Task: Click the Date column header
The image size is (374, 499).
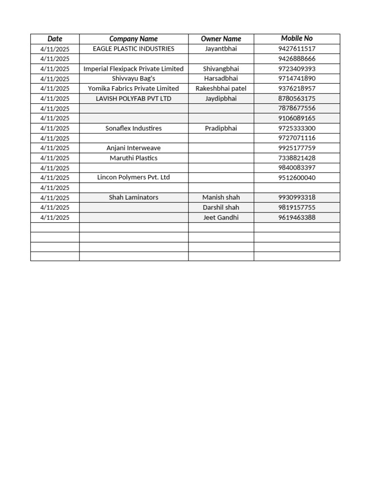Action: coord(55,38)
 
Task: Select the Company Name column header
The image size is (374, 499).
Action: coord(133,38)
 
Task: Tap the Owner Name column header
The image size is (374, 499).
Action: coord(221,38)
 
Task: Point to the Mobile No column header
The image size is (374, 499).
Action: coord(297,38)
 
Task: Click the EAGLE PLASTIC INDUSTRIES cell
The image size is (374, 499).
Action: coord(133,49)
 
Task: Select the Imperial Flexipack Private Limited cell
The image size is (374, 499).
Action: coord(133,69)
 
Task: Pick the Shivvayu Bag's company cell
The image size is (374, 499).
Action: coord(133,78)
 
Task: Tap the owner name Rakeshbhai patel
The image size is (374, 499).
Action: coord(221,89)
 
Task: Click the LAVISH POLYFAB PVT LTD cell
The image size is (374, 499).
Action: coord(133,98)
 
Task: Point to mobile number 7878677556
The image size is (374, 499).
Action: coord(297,108)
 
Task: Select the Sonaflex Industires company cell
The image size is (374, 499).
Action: coord(133,128)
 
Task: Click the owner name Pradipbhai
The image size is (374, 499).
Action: coord(221,128)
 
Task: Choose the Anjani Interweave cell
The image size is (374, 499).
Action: coord(133,148)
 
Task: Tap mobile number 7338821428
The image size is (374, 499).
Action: coord(297,158)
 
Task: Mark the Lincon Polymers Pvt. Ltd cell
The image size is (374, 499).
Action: coord(133,177)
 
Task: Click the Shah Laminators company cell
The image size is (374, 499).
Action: coord(133,197)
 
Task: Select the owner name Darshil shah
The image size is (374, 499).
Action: coord(221,208)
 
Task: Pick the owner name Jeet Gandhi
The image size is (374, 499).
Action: coord(221,217)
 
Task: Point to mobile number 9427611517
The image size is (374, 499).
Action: coord(297,49)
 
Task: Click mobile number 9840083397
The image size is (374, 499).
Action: coord(297,168)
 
